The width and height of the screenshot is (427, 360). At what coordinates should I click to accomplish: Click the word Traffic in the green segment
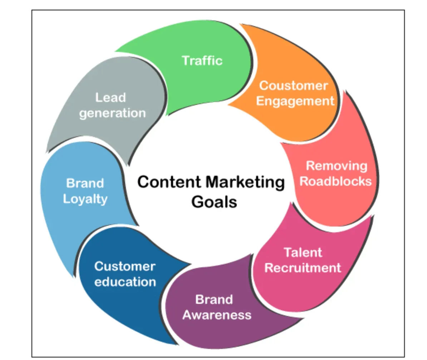[x=202, y=60]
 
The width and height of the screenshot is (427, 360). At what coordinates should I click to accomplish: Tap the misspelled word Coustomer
[x=294, y=86]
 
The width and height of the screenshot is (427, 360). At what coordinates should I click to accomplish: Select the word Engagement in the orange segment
[x=295, y=101]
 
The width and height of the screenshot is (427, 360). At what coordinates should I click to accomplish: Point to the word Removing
[x=337, y=166]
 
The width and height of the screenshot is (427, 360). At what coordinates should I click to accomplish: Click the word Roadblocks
[x=335, y=181]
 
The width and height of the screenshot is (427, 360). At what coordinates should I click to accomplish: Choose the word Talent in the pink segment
[x=303, y=252]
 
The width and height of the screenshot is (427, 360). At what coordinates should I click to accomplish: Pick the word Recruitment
[x=303, y=268]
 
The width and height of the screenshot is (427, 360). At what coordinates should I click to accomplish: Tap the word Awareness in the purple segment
[x=217, y=315]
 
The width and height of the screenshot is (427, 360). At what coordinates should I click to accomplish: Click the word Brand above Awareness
[x=214, y=300]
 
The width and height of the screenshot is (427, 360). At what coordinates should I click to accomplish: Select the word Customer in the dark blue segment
[x=125, y=266]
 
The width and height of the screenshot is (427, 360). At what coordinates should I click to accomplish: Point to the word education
[x=125, y=282]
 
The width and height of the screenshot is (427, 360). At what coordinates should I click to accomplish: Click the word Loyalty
[x=85, y=199]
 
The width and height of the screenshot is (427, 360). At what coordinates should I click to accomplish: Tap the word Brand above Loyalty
[x=85, y=183]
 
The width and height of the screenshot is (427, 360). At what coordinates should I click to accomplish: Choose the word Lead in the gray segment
[x=111, y=98]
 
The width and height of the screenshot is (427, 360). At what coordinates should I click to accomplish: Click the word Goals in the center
[x=214, y=202]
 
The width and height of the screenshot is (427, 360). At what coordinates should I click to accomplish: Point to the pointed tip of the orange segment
[x=228, y=104]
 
